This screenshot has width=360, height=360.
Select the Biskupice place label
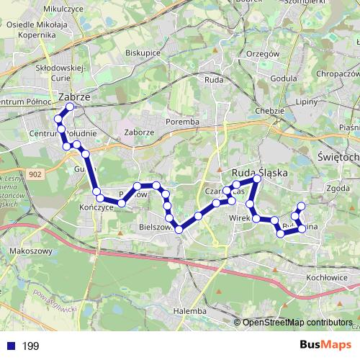click(x=143, y=53)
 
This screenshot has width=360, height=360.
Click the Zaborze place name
click(x=139, y=132)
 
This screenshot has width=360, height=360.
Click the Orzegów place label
click(x=262, y=53)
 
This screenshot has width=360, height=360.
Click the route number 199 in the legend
click(x=31, y=346)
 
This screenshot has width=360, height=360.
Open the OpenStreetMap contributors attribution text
click(x=297, y=323)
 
